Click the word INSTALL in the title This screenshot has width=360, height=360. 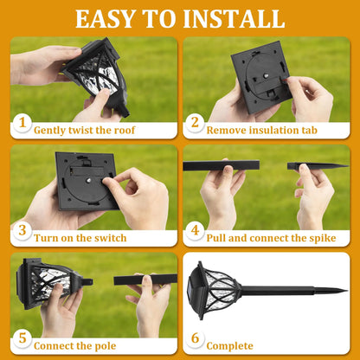pyautogui.click(x=236, y=18)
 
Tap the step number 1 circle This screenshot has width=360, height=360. pyautogui.click(x=22, y=124)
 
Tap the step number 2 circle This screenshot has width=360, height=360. pyautogui.click(x=195, y=124)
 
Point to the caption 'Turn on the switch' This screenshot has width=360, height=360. pyautogui.click(x=80, y=238)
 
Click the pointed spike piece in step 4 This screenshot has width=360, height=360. pyautogui.click(x=316, y=165)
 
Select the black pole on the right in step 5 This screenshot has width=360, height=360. pyautogui.click(x=145, y=280)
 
